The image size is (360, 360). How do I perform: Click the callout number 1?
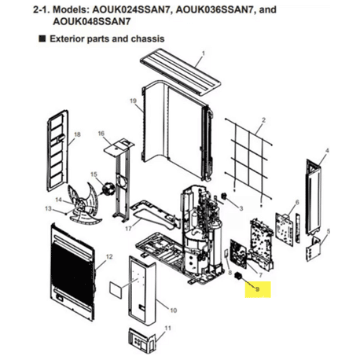click(204, 53)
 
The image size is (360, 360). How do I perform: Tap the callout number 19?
click(134, 101)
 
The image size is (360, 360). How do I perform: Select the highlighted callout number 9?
click(258, 289)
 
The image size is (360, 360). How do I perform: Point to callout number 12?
click(109, 257)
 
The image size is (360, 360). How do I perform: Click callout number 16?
click(101, 134)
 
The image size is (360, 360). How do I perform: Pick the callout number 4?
click(327, 151)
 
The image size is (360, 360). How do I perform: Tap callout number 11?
click(167, 328)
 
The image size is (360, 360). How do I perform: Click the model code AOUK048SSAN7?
click(92, 21)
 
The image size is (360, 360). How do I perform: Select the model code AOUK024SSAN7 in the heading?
click(132, 10)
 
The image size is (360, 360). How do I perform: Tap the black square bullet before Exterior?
click(42, 39)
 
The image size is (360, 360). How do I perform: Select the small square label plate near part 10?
click(116, 290)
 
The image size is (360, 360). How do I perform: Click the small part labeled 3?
click(224, 196)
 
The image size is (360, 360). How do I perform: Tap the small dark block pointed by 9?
click(237, 275)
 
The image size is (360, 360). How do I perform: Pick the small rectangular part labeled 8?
click(226, 254)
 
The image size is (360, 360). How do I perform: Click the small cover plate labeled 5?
click(314, 248)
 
